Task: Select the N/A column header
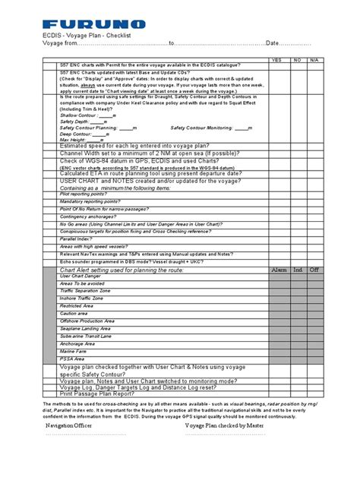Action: (x=314, y=58)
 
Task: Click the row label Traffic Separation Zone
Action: (x=85, y=290)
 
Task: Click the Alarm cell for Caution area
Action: (x=279, y=312)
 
